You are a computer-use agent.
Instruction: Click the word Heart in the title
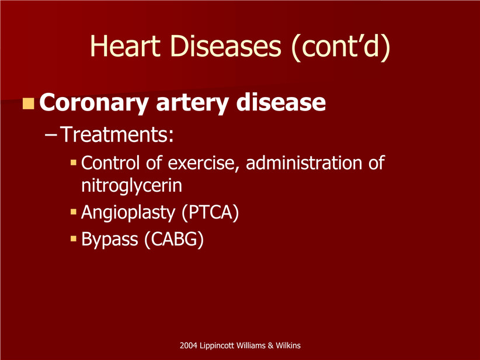point(126,46)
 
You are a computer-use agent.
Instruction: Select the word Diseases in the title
point(225,46)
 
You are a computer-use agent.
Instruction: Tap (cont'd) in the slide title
point(340,47)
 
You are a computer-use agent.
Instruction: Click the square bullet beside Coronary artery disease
point(28,103)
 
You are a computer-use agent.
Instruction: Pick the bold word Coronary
point(94,103)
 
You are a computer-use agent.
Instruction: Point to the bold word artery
point(192,103)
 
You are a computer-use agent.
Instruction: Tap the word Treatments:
point(117,134)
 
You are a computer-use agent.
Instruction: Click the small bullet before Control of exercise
point(73,162)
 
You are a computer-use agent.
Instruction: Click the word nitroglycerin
point(131,186)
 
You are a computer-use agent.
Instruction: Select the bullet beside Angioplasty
point(73,212)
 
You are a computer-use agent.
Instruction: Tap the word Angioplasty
point(128,213)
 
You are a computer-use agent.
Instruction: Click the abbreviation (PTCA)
point(210,213)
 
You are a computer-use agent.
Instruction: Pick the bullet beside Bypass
point(73,238)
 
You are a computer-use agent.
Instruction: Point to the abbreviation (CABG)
point(173,239)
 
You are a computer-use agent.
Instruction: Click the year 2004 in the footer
point(188,345)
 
